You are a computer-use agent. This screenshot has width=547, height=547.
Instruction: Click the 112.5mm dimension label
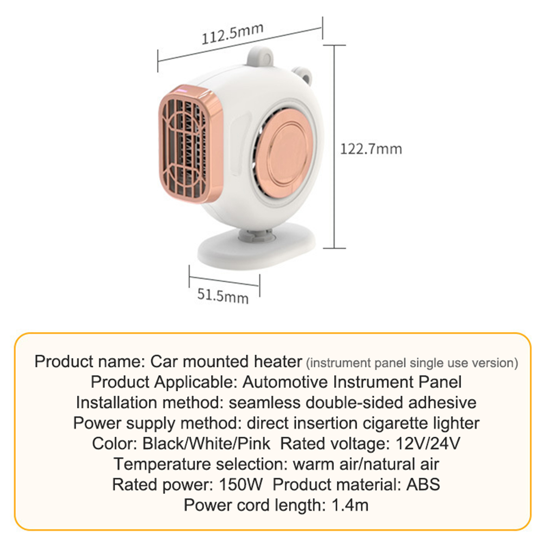pos(232,34)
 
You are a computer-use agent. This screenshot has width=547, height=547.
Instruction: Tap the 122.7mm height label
pos(371,149)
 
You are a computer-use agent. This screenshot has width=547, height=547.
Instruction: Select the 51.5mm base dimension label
pos(223,296)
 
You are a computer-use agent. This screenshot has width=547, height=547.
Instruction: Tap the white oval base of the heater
pos(256,244)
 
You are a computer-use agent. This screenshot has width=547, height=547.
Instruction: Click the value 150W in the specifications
pos(241,484)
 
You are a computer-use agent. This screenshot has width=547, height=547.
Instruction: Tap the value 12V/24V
pos(428,443)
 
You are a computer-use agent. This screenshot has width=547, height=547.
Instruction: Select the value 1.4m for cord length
pos(350,505)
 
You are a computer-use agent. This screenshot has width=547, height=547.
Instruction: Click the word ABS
pos(423,484)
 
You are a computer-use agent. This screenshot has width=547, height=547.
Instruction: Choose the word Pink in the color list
pos(254,443)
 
